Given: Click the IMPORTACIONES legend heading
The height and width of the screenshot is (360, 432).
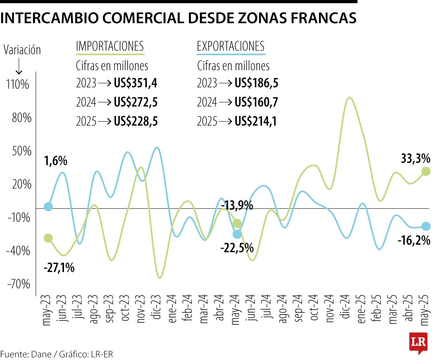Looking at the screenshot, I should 110,46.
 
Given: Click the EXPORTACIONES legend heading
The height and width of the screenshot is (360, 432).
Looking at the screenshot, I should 230,46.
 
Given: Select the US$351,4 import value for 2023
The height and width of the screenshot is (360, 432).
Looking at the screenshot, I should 136,83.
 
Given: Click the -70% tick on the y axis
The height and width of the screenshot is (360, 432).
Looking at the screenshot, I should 18,284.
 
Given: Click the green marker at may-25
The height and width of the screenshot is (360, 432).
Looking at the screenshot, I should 426,171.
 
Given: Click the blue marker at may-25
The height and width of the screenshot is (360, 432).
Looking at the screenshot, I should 426,226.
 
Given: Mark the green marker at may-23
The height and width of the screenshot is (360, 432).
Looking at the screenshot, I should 48,238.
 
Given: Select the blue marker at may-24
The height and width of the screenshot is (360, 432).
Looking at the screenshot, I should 237,234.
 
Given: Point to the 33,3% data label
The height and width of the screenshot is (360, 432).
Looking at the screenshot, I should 415,158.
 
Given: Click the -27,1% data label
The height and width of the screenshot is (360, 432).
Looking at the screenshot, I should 59,268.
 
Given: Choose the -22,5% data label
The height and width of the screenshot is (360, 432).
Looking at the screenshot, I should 237,248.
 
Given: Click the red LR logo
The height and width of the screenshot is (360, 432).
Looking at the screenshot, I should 418,342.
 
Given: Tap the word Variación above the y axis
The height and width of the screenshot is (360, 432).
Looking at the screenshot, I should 22,50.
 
